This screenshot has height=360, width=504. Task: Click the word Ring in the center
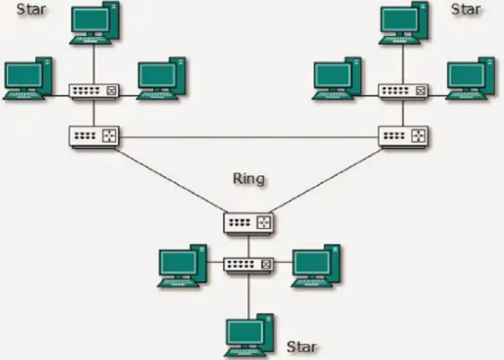click(x=249, y=179)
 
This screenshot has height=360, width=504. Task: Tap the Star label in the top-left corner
click(x=31, y=9)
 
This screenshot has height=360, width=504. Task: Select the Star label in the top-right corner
click(x=465, y=9)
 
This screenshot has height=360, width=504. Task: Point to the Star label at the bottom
click(x=302, y=347)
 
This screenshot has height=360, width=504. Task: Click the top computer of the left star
click(x=94, y=22)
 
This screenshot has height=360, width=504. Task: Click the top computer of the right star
click(x=404, y=22)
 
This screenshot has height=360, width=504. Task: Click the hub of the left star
click(x=94, y=91)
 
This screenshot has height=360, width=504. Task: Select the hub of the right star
click(x=403, y=91)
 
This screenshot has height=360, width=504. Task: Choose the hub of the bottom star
click(x=249, y=265)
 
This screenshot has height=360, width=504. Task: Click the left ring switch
click(x=94, y=137)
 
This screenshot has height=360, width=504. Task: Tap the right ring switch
click(x=403, y=137)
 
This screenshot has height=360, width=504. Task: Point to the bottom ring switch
click(x=249, y=223)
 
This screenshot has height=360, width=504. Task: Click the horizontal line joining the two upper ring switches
click(x=249, y=137)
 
